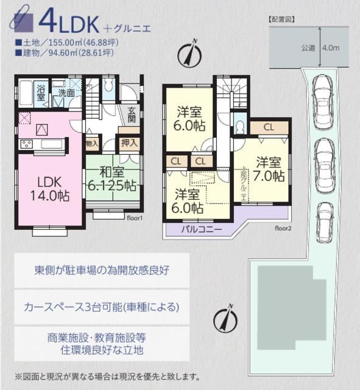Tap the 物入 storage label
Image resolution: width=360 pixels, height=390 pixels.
91,144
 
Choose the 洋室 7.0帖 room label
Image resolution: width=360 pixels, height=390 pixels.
269,169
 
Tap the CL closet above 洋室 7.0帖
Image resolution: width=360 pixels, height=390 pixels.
269,127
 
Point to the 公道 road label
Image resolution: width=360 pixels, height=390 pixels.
308,47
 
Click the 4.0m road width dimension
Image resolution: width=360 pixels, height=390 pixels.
331,47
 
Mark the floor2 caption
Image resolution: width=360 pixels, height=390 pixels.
283,229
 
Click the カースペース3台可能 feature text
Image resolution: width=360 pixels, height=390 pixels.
102,307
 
